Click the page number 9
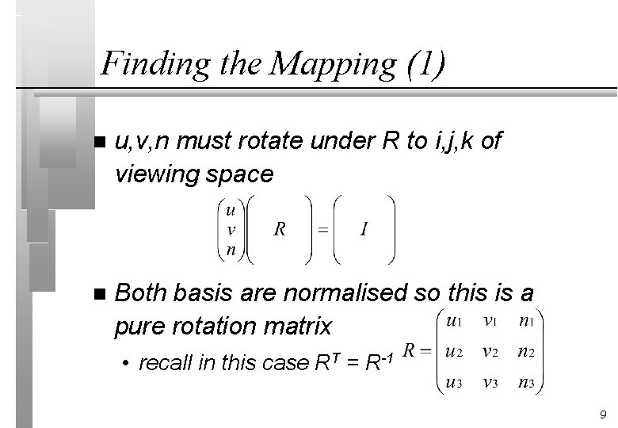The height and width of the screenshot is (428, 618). [x=603, y=415]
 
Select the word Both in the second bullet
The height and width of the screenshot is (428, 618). [x=140, y=294]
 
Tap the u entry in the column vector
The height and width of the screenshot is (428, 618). [x=230, y=211]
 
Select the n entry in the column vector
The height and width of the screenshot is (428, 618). [x=230, y=247]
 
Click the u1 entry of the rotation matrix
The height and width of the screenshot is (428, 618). [x=455, y=321]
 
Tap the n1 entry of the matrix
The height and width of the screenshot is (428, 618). [x=525, y=321]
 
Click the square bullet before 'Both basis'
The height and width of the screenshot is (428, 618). [x=98, y=294]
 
